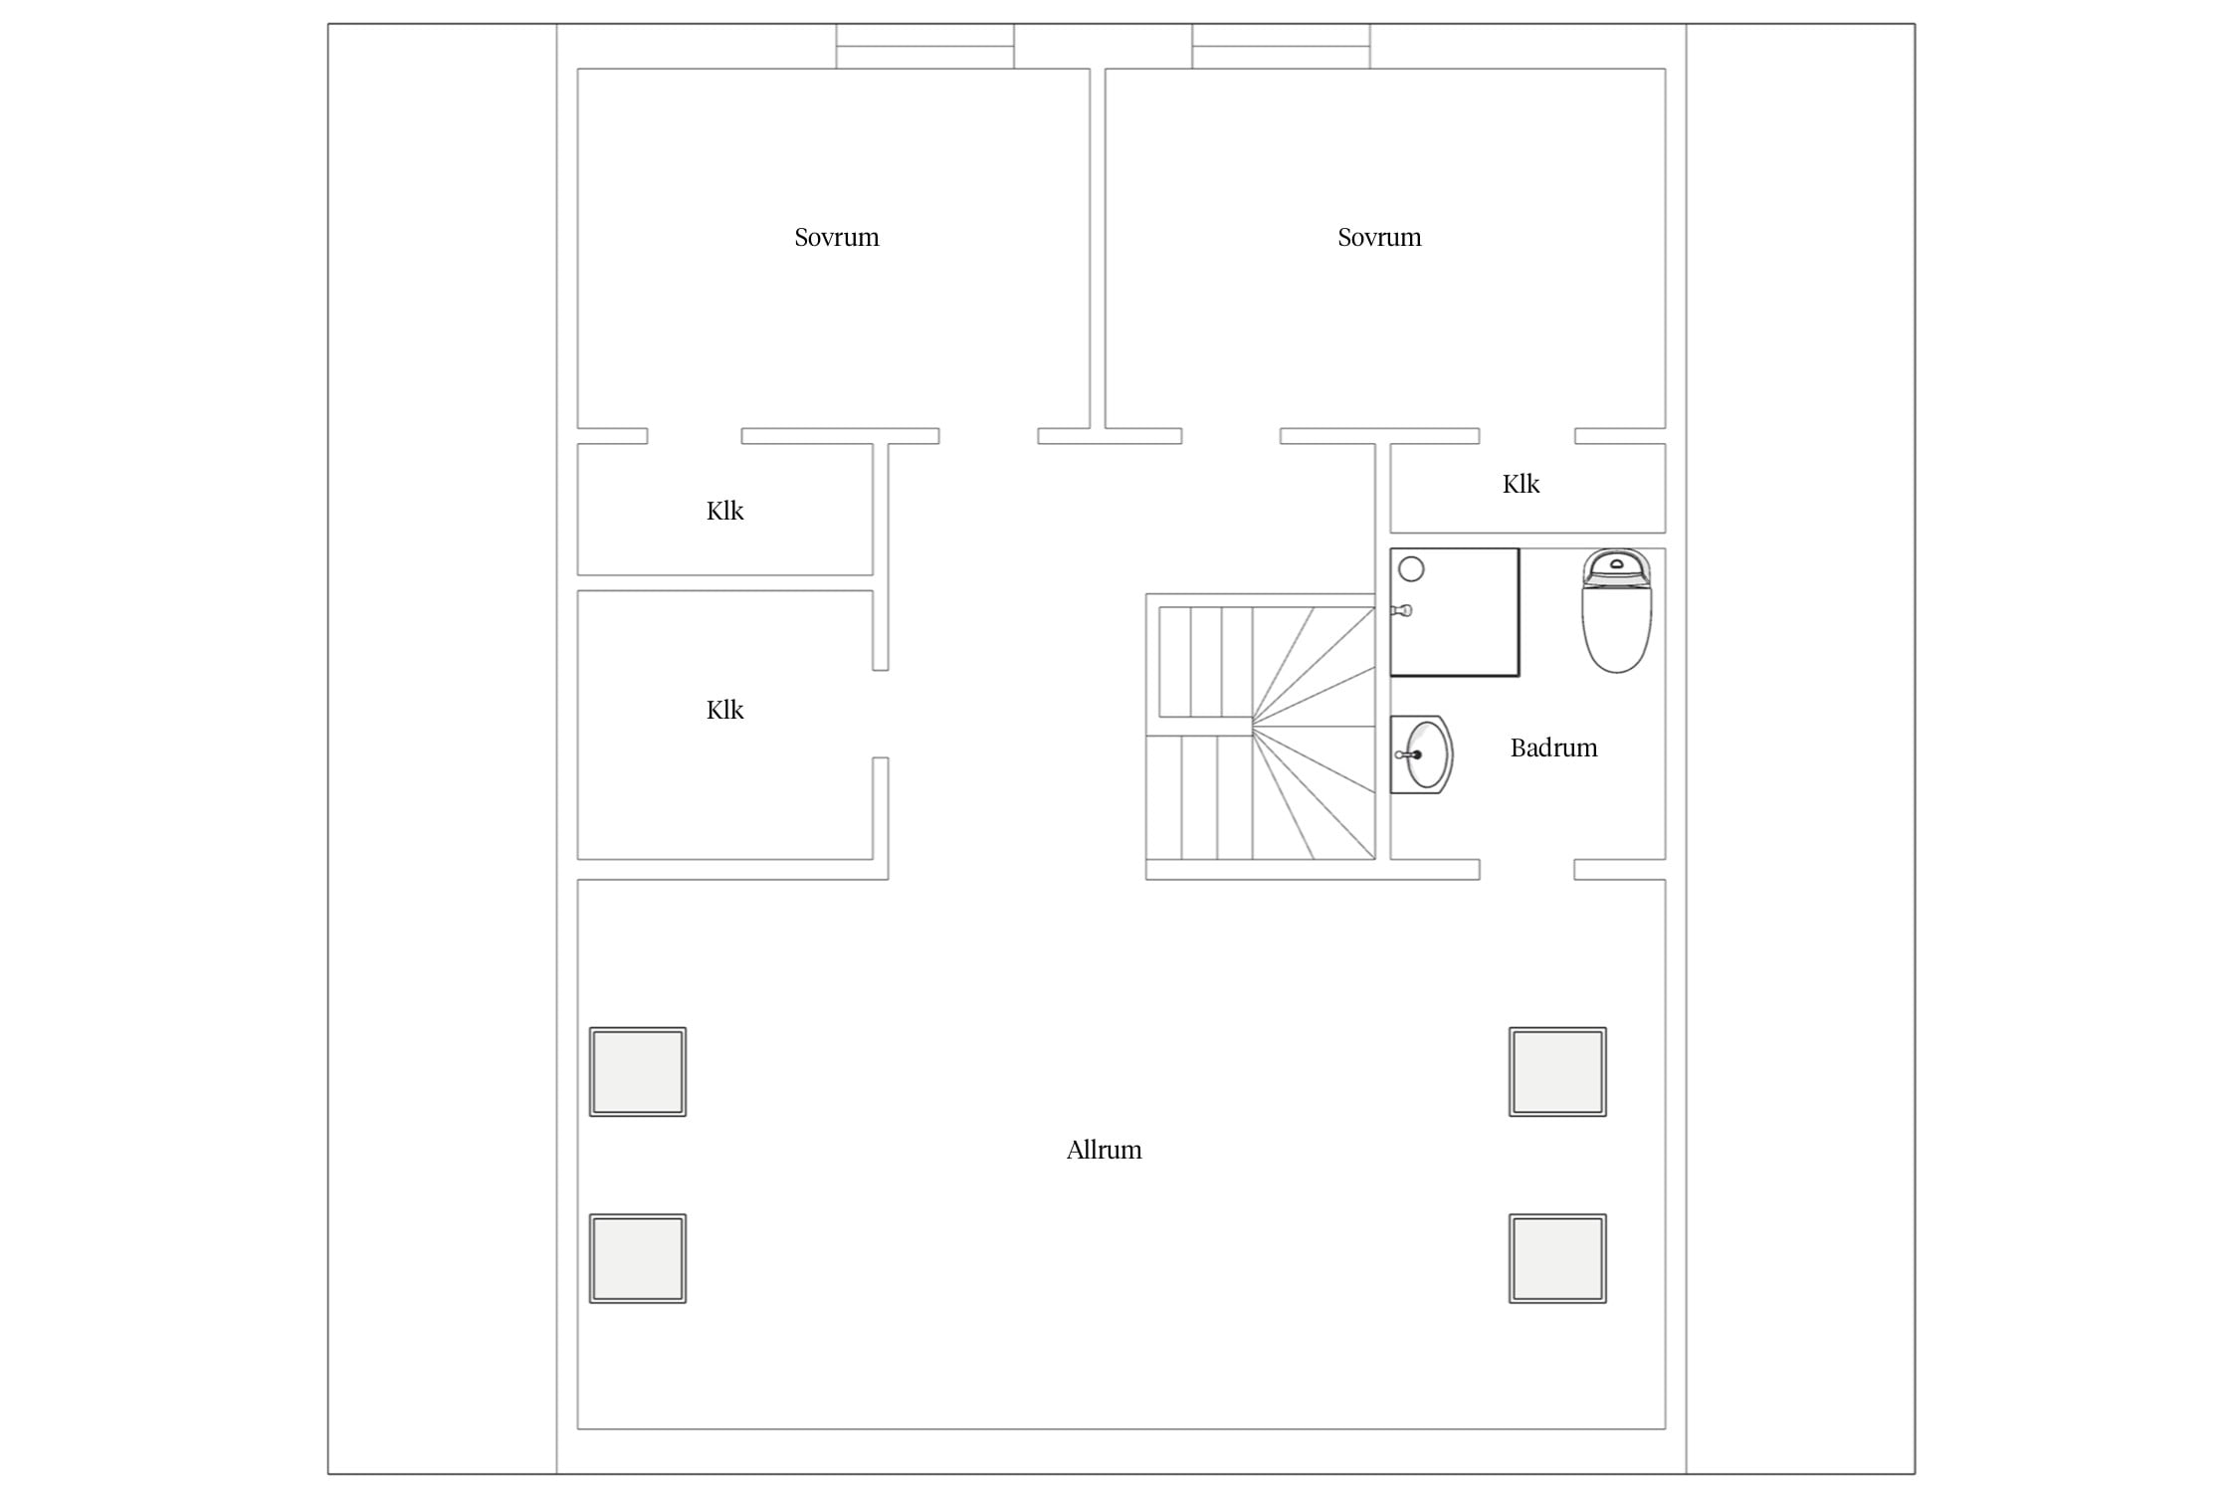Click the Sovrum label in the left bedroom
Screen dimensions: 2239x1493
(836, 237)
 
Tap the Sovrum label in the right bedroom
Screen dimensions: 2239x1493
(1379, 237)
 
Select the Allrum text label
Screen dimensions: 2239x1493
(1104, 1150)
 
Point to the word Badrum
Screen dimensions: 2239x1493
(1553, 747)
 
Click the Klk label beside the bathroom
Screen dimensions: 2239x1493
(1521, 484)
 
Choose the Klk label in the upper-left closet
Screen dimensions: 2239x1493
(724, 511)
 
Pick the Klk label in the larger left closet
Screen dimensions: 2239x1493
(724, 710)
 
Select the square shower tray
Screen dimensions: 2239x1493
(1455, 612)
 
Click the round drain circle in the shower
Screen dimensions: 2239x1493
(1411, 569)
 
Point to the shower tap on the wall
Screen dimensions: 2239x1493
(1402, 610)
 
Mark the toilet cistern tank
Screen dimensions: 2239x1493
(1616, 566)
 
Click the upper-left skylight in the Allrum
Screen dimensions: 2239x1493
(638, 1072)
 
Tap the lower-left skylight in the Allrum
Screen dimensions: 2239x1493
(638, 1258)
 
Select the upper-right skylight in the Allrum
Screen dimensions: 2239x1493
(1557, 1072)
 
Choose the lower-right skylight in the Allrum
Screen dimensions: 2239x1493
(1557, 1258)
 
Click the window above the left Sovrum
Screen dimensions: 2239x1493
(924, 46)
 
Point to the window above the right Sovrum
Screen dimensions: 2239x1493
(1281, 46)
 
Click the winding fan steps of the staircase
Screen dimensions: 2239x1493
(1314, 733)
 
